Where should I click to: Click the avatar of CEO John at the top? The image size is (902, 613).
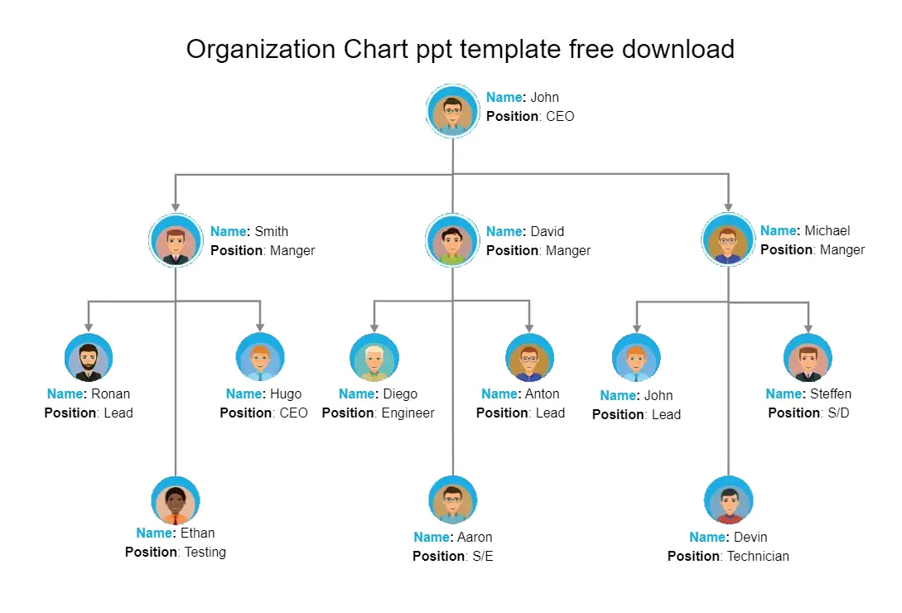[453, 110]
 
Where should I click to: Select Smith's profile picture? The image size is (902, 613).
[176, 240]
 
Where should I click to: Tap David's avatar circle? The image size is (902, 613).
[453, 240]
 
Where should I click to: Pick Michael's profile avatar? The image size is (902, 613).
[728, 239]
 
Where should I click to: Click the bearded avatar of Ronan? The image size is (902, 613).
[89, 357]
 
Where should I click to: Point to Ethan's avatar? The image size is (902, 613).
[176, 500]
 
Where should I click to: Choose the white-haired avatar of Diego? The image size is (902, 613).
[374, 357]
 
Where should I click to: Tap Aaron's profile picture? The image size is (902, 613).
[453, 500]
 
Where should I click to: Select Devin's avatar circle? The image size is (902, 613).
[729, 500]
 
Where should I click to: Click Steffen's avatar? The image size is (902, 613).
[808, 357]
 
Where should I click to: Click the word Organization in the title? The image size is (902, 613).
[261, 50]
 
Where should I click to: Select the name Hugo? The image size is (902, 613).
[286, 394]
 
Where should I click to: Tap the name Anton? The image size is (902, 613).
[542, 393]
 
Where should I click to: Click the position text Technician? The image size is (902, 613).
[758, 556]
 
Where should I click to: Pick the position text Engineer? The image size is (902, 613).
[408, 413]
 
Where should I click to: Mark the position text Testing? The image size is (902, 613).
[205, 552]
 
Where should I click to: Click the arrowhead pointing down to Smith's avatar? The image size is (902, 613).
[176, 207]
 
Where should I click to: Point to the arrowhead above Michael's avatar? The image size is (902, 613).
[728, 206]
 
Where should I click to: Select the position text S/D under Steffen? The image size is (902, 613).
[838, 413]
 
